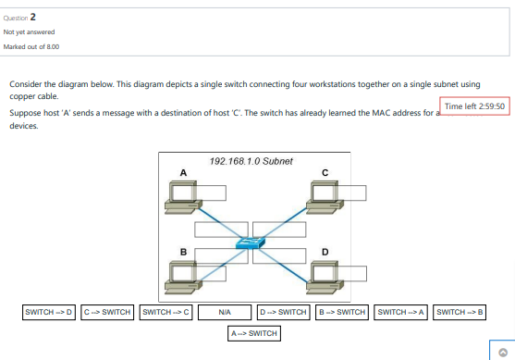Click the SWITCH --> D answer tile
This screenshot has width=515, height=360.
(x=49, y=312)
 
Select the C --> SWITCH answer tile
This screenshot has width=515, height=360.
(x=107, y=312)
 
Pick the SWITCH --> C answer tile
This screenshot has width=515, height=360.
(x=166, y=312)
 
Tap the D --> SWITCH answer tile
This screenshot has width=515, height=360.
(x=283, y=312)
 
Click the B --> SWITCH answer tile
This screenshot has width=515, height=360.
(x=342, y=312)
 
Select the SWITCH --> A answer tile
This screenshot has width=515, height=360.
(x=401, y=312)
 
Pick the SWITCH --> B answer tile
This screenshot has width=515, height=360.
(x=460, y=312)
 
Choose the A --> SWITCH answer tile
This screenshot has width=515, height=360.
(x=254, y=332)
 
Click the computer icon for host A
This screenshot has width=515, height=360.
(x=180, y=195)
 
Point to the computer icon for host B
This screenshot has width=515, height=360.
(x=180, y=274)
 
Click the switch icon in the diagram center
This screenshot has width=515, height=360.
(x=251, y=242)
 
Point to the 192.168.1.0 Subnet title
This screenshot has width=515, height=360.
(x=251, y=161)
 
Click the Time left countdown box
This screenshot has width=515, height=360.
(x=474, y=106)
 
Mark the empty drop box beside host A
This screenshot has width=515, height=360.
(x=212, y=192)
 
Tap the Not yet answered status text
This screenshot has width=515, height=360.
(x=29, y=31)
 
